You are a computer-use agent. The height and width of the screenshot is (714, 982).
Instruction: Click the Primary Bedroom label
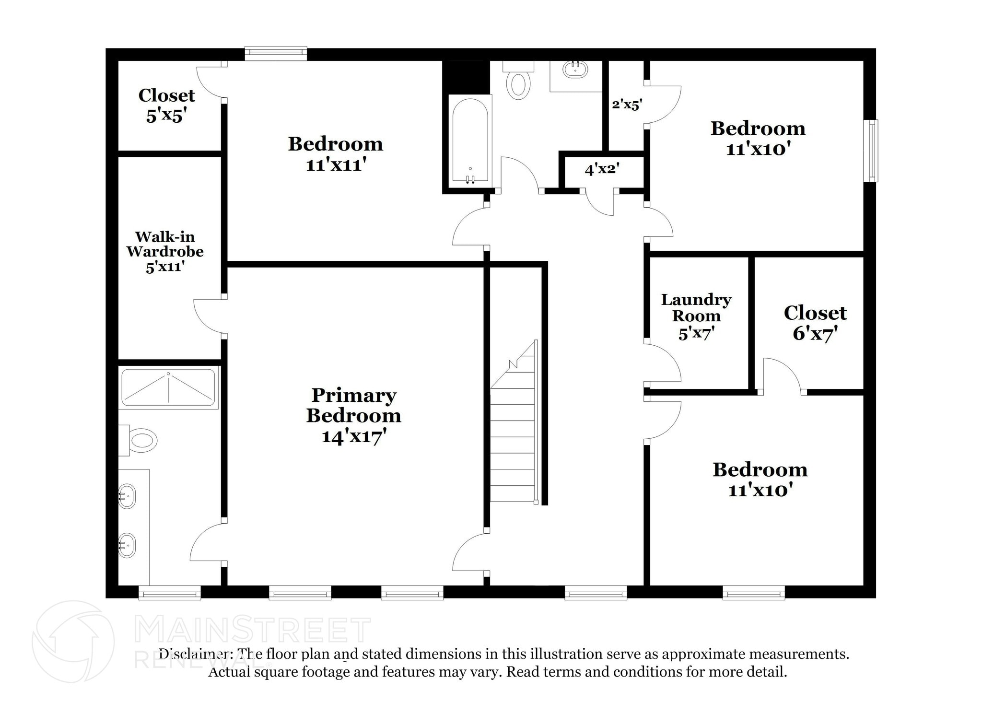(x=353, y=405)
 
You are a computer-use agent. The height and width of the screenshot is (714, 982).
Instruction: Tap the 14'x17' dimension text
(x=354, y=437)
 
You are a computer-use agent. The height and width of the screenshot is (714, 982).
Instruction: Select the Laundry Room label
(x=696, y=307)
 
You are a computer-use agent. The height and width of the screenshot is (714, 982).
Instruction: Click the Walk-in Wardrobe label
(x=165, y=244)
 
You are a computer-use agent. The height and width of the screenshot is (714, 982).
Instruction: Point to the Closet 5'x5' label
(x=166, y=105)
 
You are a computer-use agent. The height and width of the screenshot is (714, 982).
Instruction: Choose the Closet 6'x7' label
(x=815, y=322)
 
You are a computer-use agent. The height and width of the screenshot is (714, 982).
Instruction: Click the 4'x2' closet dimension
(x=602, y=169)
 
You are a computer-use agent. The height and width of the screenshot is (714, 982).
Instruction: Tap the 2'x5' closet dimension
(x=627, y=105)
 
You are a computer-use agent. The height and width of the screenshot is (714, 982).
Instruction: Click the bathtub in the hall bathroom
(x=470, y=141)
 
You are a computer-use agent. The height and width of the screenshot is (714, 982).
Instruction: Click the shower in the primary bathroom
(x=168, y=387)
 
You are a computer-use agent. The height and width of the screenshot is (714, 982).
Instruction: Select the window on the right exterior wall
(x=871, y=151)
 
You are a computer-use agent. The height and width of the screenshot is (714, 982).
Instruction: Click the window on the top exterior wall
(x=276, y=53)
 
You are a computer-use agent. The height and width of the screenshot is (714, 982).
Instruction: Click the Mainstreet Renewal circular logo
(x=73, y=641)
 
